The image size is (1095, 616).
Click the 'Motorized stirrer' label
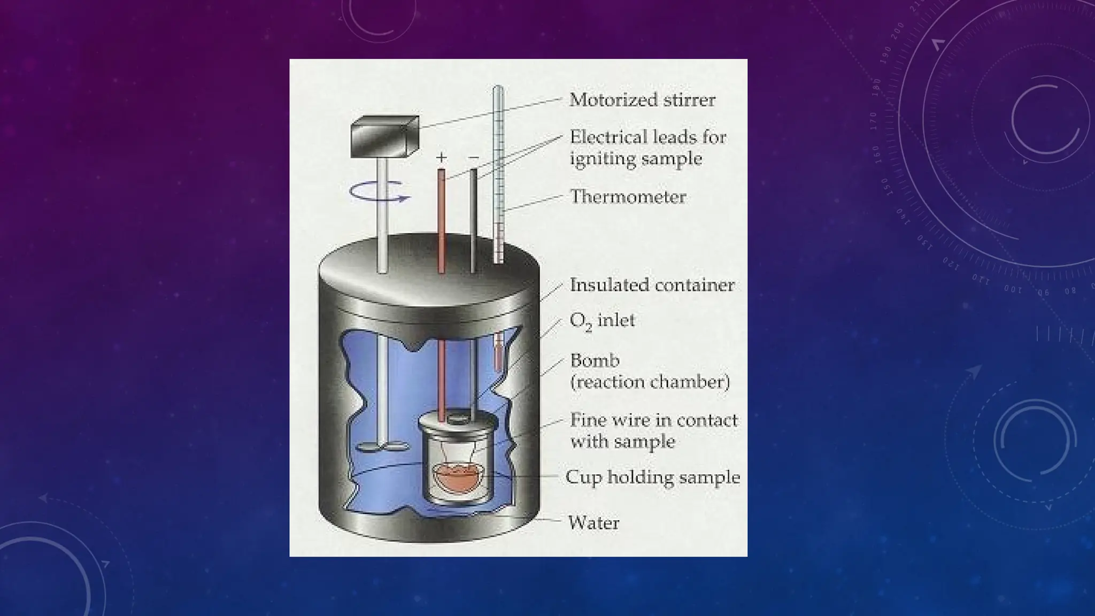click(642, 100)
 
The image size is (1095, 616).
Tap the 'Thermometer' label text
click(628, 197)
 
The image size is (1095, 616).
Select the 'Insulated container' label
click(652, 285)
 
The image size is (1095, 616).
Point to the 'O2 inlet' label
click(602, 321)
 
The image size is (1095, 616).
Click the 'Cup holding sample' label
click(653, 477)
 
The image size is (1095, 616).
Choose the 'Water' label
click(593, 522)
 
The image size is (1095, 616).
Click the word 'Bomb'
click(595, 360)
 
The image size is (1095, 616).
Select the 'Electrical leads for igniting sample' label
click(647, 148)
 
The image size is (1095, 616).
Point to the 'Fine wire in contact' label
click(653, 420)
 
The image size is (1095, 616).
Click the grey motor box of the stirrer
click(384, 137)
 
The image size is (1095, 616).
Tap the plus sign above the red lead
click(441, 157)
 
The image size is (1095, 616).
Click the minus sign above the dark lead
click(473, 157)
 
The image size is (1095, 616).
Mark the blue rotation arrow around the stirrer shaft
click(380, 192)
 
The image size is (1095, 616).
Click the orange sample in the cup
click(458, 478)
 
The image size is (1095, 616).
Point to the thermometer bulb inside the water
click(498, 355)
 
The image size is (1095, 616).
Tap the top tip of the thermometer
click(498, 89)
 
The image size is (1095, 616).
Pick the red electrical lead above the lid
click(442, 219)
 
